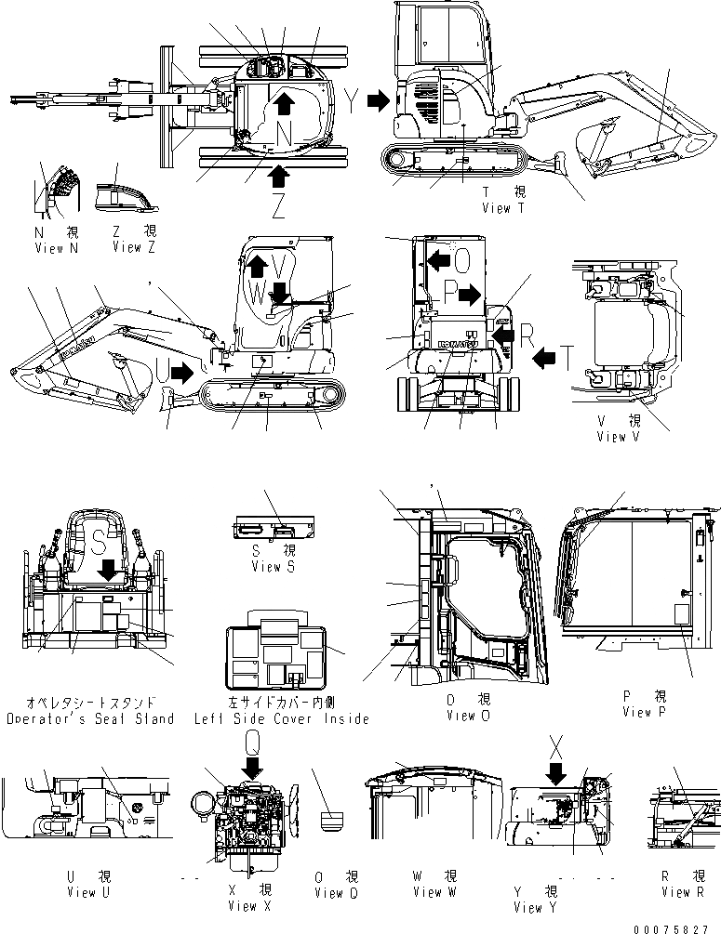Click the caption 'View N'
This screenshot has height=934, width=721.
coord(49,248)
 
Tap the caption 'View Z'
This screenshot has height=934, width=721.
coord(127,248)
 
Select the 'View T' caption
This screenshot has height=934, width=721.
coord(503,208)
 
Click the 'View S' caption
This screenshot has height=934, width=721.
coord(260,567)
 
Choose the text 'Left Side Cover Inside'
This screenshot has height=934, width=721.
coord(281,718)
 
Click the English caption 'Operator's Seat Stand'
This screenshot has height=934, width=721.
coord(89,718)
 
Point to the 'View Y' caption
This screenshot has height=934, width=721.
coord(528,907)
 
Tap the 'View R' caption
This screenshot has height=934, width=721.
coord(683,892)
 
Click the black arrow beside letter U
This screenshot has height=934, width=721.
coord(183,374)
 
